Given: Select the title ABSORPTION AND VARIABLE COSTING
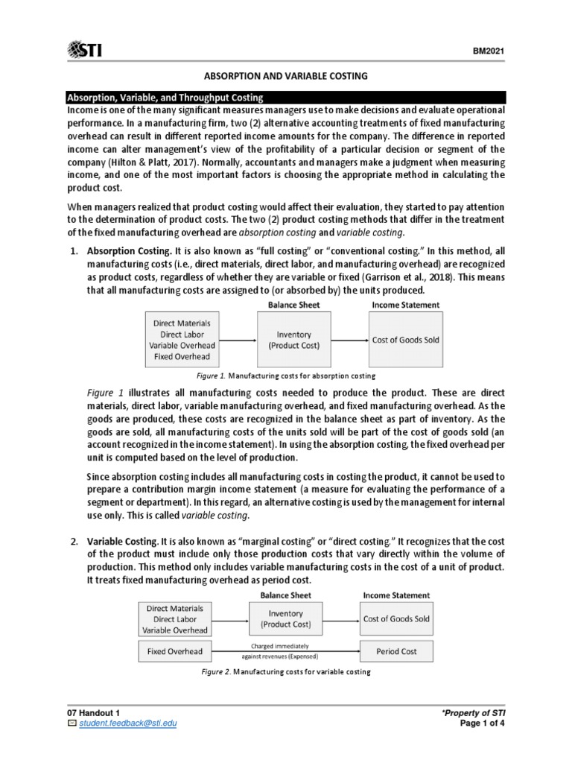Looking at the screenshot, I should pyautogui.click(x=286, y=77).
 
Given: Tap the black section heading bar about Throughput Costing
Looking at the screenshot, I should pyautogui.click(x=286, y=98).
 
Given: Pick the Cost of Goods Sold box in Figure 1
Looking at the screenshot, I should pyautogui.click(x=406, y=340).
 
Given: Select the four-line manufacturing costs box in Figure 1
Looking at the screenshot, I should pyautogui.click(x=182, y=340).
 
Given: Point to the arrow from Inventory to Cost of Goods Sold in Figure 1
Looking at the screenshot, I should pyautogui.click(x=349, y=341).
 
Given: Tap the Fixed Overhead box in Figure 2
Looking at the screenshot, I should pyautogui.click(x=174, y=651).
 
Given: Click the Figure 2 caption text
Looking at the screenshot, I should pyautogui.click(x=286, y=672).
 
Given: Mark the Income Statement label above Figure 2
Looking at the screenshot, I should pyautogui.click(x=395, y=595).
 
